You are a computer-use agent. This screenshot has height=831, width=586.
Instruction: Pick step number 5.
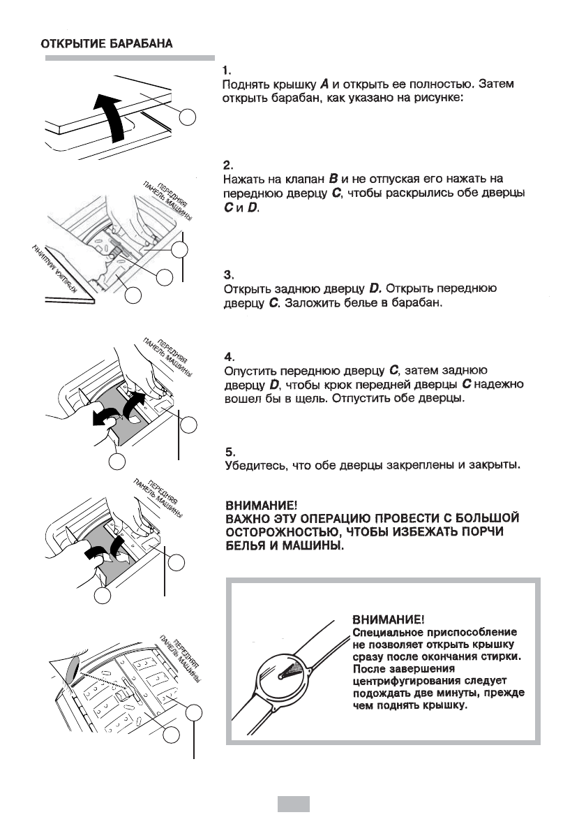pyautogui.click(x=227, y=451)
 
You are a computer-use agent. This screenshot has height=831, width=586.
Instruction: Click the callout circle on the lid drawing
pyautogui.click(x=188, y=117)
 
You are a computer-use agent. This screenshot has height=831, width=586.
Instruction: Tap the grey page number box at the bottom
pyautogui.click(x=293, y=803)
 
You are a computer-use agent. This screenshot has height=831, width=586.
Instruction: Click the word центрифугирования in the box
pyautogui.click(x=413, y=680)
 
